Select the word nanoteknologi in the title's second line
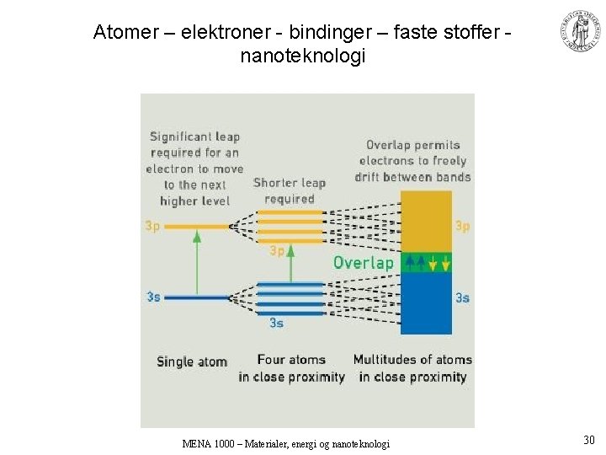coord(303,57)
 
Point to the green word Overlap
coord(363,263)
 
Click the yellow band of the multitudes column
coord(426,221)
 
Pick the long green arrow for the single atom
coord(197,261)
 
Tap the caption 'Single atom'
coord(192,362)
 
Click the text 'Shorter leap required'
coord(289,190)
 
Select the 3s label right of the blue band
coord(462,297)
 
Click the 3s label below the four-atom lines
coord(276,323)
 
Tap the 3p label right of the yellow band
coord(462,226)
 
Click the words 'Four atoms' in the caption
coord(291,360)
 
